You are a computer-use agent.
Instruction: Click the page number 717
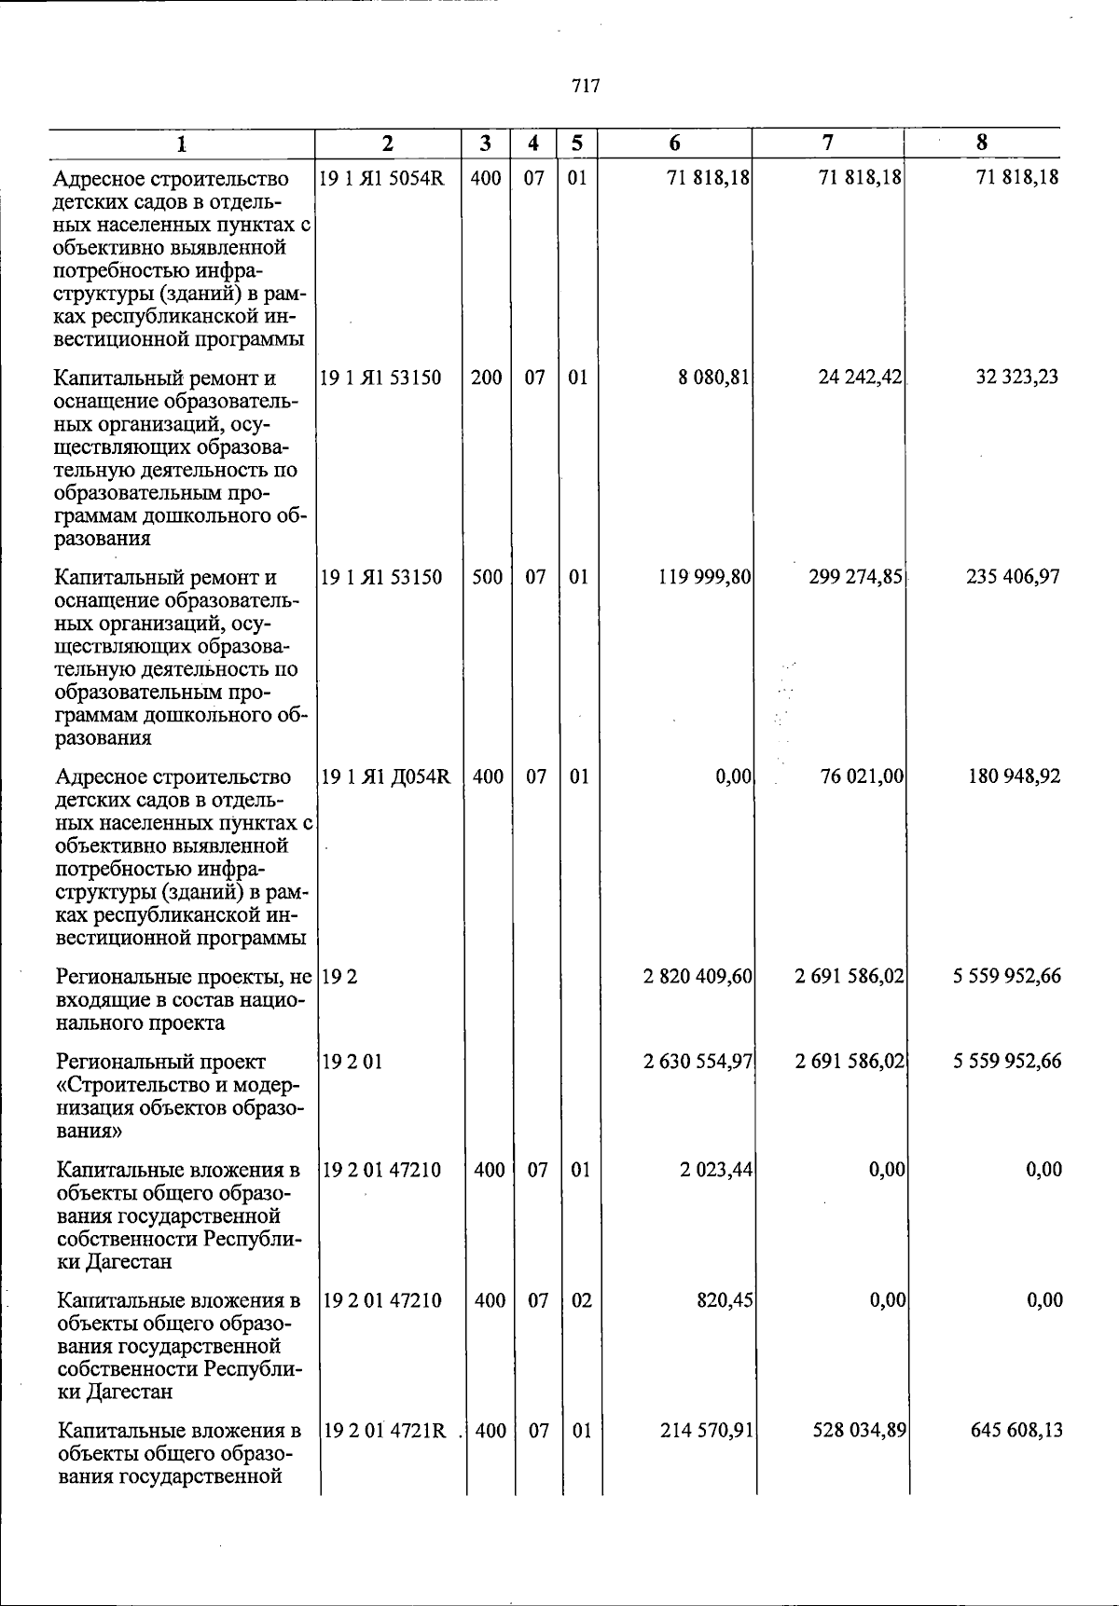coord(586,87)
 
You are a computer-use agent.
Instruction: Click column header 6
coord(674,143)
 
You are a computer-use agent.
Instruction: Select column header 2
coord(388,143)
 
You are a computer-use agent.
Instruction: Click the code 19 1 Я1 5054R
coord(381,177)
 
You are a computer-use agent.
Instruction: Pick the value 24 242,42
coord(860,377)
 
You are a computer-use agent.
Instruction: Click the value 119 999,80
coord(705,577)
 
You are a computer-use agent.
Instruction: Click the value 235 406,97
coord(1012,577)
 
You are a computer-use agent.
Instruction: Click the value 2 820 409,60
coord(698,976)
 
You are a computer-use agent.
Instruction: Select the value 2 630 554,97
coord(698,1061)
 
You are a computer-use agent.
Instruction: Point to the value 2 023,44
coord(716,1169)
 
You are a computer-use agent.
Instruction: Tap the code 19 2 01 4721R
coord(384,1430)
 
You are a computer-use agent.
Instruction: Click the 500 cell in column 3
coord(487,577)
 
